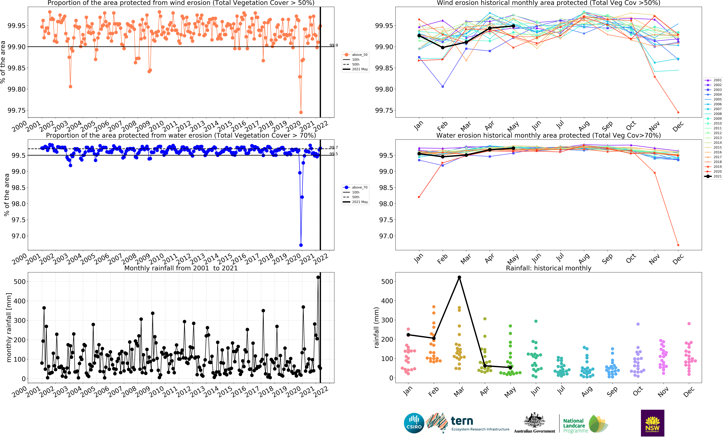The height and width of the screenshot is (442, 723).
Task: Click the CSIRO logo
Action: click(414, 423)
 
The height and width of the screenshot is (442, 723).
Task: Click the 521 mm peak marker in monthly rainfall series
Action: click(318, 277)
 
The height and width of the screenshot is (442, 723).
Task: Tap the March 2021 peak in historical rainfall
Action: click(459, 277)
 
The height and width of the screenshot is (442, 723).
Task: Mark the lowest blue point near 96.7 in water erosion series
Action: click(301, 245)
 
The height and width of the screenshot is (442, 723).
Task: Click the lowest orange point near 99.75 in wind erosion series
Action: click(301, 112)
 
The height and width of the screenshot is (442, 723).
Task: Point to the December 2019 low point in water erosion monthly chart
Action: click(678, 245)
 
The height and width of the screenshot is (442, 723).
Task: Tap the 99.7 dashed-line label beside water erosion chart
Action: click(334, 148)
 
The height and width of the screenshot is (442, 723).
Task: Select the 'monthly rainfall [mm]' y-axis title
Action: click(9, 327)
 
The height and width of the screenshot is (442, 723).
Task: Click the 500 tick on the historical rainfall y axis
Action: click(387, 281)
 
